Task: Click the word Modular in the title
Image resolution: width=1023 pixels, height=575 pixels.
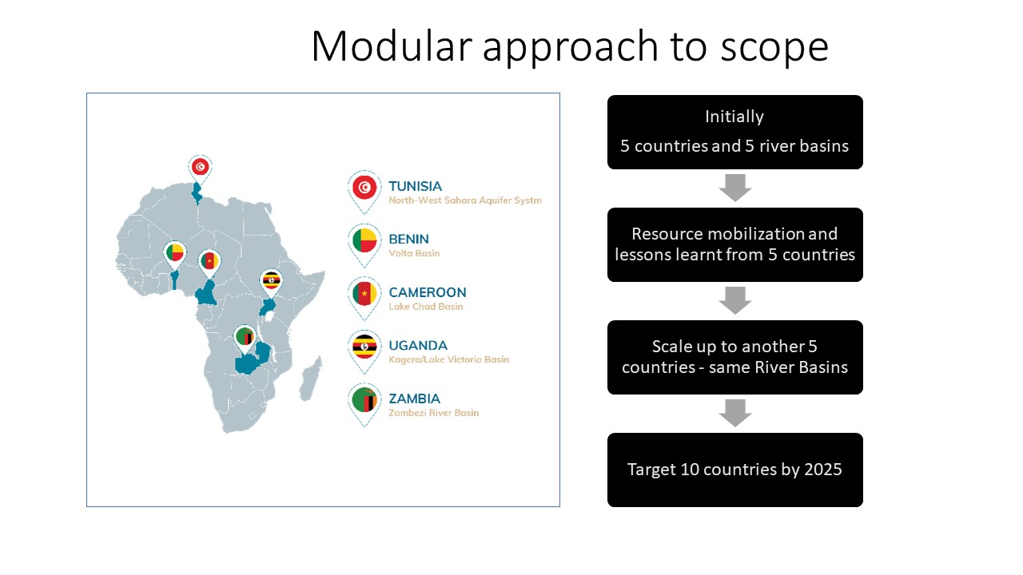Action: [392, 46]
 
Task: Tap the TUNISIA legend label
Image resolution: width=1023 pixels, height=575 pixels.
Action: [415, 186]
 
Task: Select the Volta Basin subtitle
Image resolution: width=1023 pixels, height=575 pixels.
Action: [414, 253]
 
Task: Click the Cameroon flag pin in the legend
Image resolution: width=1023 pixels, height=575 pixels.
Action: [364, 299]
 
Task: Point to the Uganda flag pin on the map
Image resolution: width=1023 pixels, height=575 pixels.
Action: [271, 284]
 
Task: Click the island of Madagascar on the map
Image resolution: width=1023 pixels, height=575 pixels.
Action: [311, 379]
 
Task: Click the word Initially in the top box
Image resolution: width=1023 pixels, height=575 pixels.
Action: [734, 117]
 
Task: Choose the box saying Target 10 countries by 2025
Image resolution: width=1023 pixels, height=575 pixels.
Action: [734, 470]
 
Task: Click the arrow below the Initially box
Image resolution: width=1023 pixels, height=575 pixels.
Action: [734, 188]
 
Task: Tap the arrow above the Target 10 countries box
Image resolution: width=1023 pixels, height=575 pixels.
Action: [734, 413]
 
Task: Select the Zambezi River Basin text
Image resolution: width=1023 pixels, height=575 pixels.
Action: [434, 413]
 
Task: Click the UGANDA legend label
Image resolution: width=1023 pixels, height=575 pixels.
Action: [418, 346]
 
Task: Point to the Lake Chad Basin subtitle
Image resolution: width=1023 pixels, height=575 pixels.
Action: [426, 307]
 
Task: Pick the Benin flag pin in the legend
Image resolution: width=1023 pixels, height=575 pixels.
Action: [364, 245]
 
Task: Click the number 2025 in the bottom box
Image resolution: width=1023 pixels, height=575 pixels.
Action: [823, 470]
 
